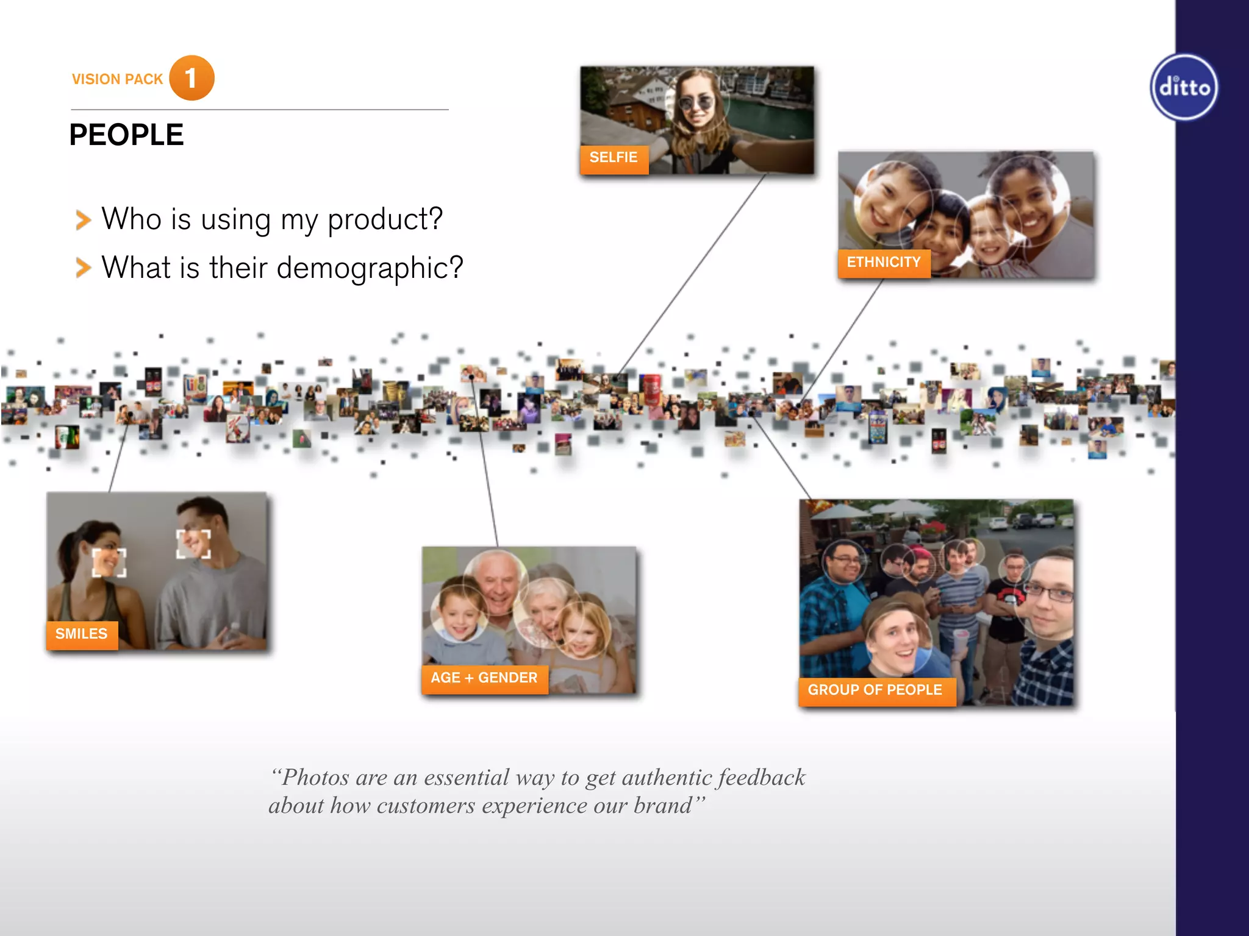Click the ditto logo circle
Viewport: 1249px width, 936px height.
1184,87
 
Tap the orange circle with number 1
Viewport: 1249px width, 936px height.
191,78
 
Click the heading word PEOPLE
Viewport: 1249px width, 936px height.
126,135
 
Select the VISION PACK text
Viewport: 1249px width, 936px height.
117,79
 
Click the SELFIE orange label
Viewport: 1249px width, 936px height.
614,158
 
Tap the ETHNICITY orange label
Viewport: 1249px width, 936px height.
884,263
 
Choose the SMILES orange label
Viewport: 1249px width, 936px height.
82,634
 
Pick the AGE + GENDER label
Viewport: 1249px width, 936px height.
484,678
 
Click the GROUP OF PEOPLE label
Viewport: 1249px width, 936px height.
875,690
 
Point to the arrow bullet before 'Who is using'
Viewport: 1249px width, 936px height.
83,220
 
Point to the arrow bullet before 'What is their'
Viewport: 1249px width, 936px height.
83,268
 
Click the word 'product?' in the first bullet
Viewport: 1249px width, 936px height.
385,219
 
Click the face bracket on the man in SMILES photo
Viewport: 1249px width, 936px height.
193,544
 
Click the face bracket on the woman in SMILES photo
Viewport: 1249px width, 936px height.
109,562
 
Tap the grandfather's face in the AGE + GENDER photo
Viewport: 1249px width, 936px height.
497,582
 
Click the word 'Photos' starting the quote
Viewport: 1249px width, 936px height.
315,778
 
